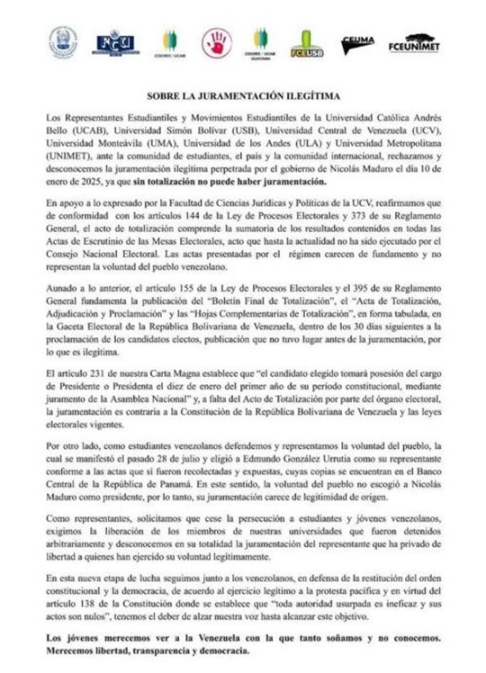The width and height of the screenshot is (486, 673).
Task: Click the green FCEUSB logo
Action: pos(306,43)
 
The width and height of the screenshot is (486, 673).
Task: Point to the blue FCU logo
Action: pos(117,42)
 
